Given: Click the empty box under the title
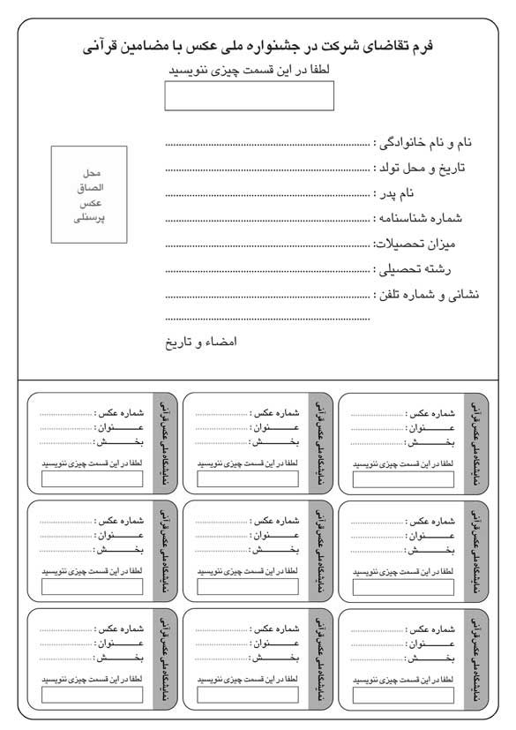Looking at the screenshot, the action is pyautogui.click(x=249, y=95).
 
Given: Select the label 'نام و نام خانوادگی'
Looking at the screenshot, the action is pyautogui.click(x=428, y=142).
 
